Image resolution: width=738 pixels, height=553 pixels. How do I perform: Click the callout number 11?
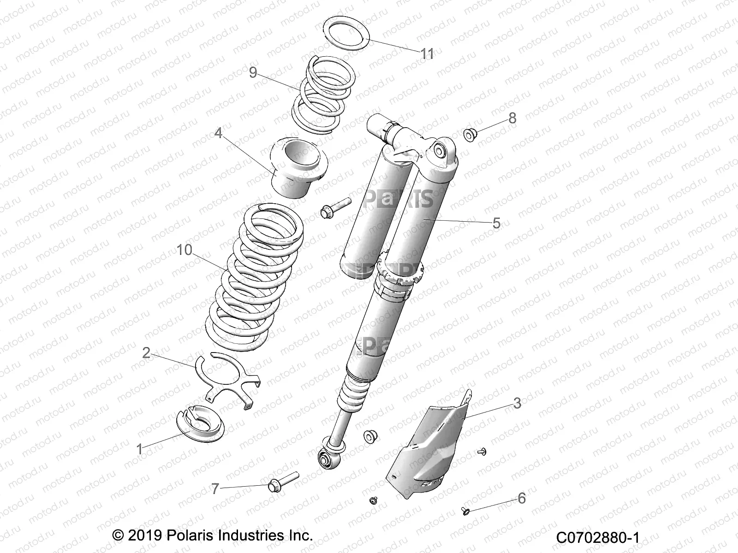tap(427, 54)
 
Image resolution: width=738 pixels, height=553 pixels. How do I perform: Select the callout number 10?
tap(184, 250)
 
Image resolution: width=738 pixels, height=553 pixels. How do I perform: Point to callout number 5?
tap(496, 224)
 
